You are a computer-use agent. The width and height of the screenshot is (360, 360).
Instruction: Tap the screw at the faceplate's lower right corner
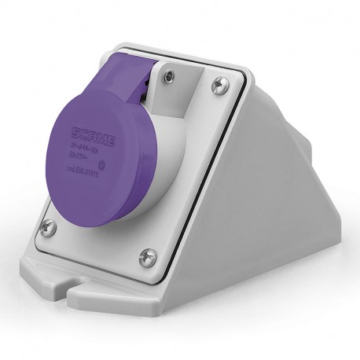146,255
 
